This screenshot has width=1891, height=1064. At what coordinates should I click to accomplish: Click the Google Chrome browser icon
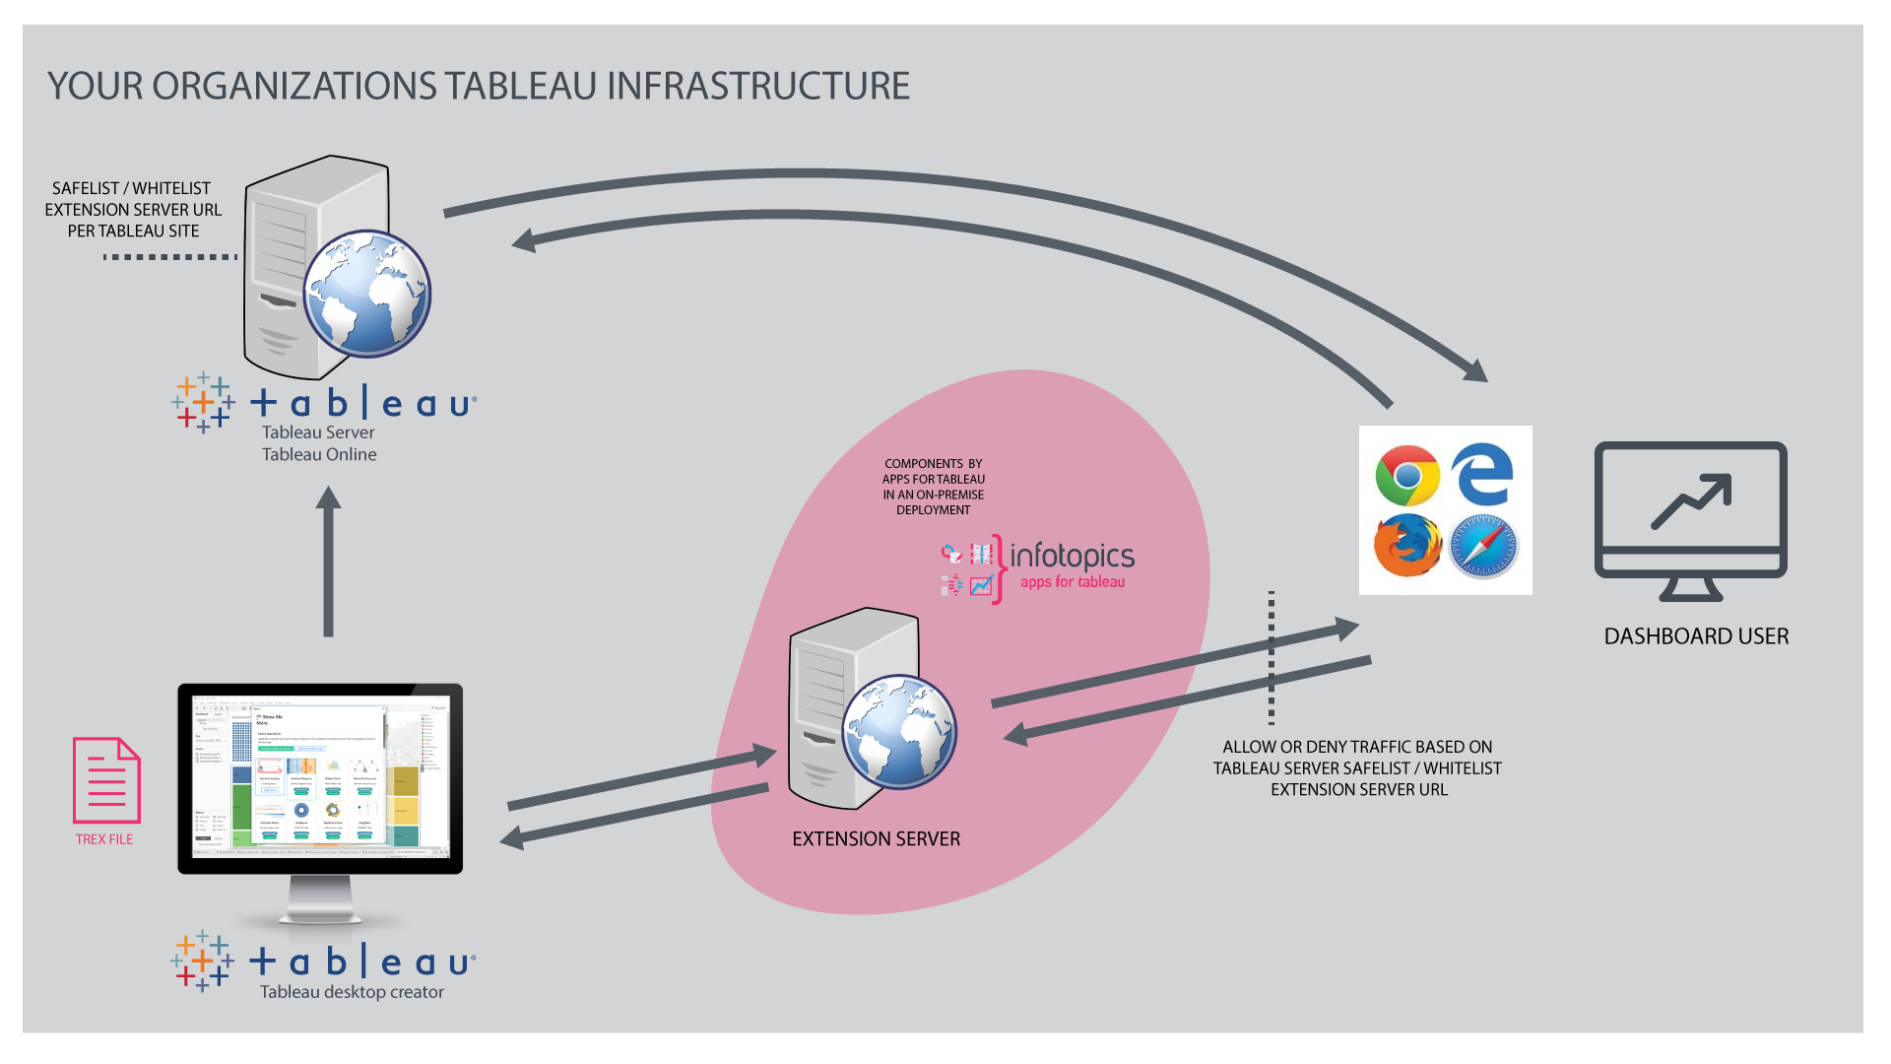coord(1407,475)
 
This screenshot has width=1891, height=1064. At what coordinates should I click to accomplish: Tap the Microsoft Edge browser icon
coord(1482,474)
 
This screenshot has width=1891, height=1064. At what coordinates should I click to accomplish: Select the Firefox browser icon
coord(1407,545)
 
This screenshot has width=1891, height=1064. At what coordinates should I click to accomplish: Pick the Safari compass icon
coord(1483,547)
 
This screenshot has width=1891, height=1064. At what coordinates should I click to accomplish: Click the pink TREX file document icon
coord(106,780)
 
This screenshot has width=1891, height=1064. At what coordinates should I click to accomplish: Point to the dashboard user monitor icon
coord(1690,519)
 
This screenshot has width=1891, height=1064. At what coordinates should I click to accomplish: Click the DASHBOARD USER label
coord(1696,636)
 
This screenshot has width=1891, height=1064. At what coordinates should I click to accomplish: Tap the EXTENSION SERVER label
coord(876,839)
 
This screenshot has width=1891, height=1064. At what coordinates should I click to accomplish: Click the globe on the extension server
coord(898,731)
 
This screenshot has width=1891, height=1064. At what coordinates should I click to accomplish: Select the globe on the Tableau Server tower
coord(366,294)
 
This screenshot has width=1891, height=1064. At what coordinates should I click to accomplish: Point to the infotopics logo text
coord(1072,556)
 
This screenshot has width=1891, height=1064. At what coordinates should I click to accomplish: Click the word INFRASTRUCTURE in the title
coord(758,87)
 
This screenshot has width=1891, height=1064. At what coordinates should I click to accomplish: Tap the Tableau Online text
coord(319,454)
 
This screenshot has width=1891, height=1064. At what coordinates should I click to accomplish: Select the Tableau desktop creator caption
coord(352,992)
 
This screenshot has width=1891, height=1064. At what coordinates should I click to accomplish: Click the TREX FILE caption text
coord(104,839)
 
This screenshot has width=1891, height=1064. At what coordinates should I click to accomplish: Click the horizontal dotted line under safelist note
coord(169,257)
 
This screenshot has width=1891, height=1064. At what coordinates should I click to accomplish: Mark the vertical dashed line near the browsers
coord(1272,657)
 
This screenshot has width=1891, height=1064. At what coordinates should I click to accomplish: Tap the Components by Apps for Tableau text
coord(934,487)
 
